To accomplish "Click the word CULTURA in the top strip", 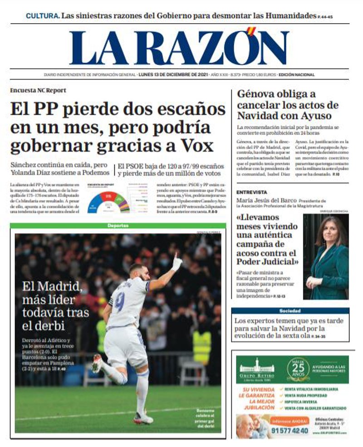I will (42, 15).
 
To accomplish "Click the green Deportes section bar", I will (118, 226).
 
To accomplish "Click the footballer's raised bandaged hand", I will (177, 262).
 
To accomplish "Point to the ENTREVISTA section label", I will (252, 192).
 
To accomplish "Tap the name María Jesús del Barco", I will (266, 200).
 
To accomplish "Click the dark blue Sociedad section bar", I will (290, 311).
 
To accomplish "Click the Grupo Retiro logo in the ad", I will (256, 369).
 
